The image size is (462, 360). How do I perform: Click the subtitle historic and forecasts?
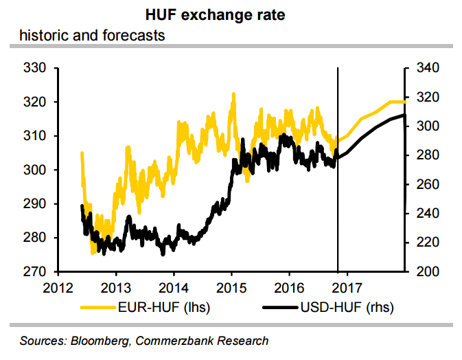(x=92, y=34)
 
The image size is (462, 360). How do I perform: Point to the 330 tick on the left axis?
(x=34, y=69)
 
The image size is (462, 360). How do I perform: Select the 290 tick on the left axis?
(x=34, y=204)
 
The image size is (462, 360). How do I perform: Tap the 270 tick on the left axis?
(x=34, y=272)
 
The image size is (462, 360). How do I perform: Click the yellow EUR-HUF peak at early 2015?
(x=233, y=94)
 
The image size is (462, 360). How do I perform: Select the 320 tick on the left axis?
(x=34, y=102)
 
